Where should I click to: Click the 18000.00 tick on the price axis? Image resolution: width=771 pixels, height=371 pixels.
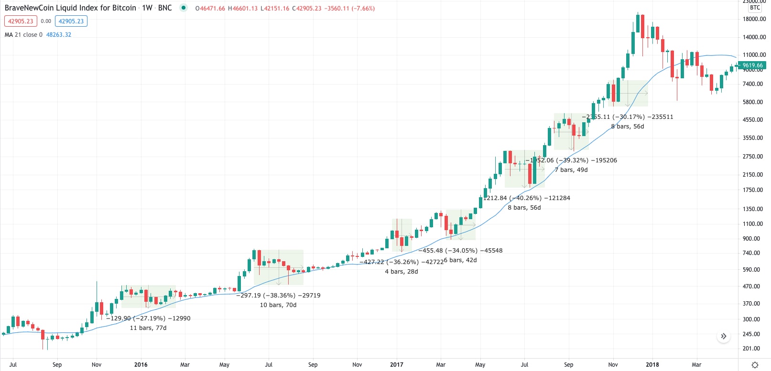coord(754,19)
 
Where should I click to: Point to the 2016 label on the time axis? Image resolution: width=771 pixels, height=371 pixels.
coord(141,365)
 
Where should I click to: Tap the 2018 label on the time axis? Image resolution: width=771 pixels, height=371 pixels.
coord(652,365)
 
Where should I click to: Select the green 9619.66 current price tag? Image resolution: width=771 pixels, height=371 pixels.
coord(752,65)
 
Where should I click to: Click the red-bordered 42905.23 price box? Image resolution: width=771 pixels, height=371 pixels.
coord(21,21)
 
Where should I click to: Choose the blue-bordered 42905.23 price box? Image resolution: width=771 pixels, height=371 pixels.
coord(71,21)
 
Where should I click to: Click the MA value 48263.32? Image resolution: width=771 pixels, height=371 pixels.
coord(59,35)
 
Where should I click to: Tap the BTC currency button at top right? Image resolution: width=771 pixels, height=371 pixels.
coord(755,8)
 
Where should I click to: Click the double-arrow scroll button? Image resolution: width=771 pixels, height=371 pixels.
coord(724,336)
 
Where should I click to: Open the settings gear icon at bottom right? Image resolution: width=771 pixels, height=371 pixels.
coord(755,365)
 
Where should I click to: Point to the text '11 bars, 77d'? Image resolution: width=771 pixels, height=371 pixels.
coord(148,328)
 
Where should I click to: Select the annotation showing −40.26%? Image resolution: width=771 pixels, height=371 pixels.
coord(527,198)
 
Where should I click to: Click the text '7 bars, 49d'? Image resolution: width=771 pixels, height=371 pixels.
coord(571,170)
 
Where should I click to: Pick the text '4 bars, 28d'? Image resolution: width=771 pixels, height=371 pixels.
coord(402,272)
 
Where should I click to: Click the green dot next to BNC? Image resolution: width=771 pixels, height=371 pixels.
coord(184,8)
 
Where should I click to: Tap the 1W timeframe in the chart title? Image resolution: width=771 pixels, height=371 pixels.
coord(147,8)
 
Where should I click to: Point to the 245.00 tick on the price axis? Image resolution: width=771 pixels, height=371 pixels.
coord(751,334)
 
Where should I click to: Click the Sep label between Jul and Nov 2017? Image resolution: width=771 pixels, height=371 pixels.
coord(569,365)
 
